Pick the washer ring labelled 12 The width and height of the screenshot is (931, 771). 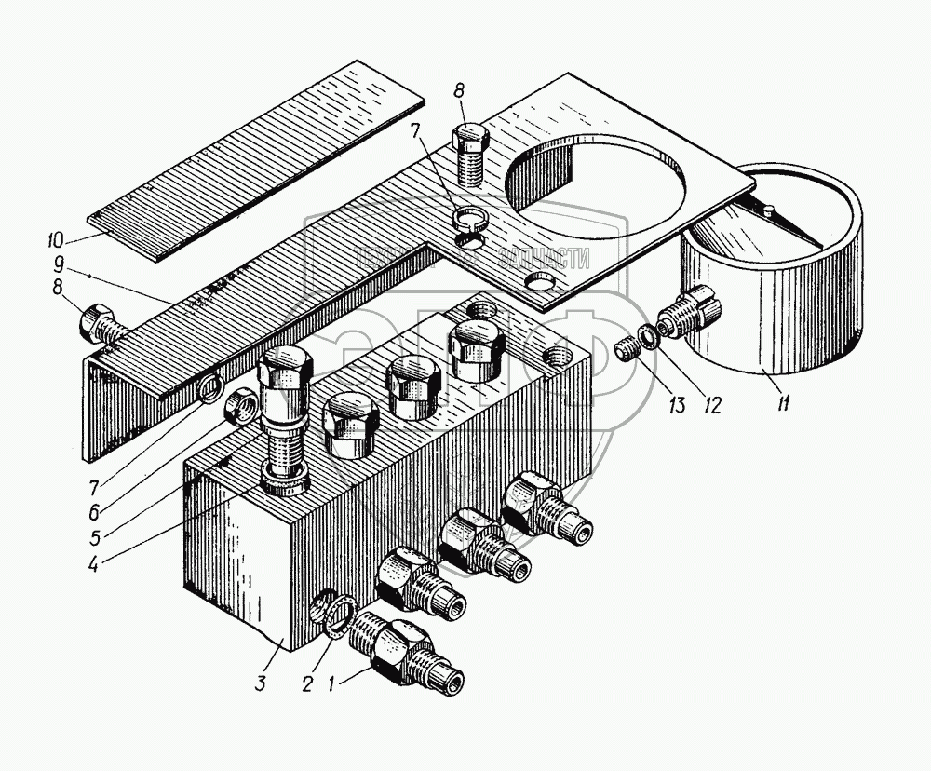click(649, 337)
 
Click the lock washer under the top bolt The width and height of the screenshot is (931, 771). click(471, 220)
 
